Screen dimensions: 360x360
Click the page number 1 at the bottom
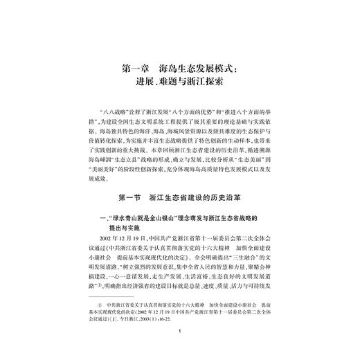179,351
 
